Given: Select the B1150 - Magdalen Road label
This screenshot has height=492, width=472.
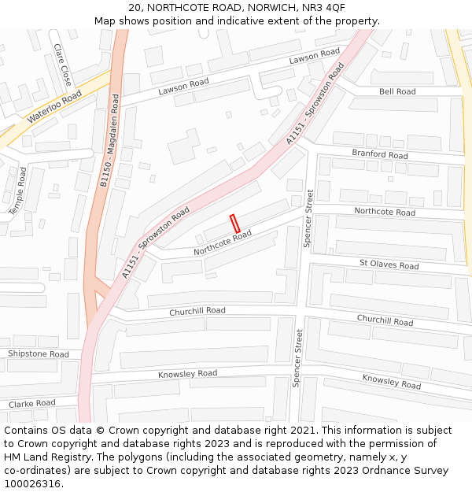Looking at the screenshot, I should [109, 141].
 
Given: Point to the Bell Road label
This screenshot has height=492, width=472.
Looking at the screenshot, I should [397, 91].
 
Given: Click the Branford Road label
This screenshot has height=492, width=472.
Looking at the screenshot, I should [380, 154].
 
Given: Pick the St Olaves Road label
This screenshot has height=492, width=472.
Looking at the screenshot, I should [389, 265].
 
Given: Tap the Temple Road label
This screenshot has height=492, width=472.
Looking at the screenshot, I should [18, 191].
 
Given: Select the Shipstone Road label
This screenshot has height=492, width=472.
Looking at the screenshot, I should [39, 354].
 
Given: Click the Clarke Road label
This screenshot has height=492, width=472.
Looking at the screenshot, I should [31, 404].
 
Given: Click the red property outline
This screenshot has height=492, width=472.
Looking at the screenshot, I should [234, 223].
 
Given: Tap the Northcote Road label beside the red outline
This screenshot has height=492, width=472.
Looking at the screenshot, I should [223, 242].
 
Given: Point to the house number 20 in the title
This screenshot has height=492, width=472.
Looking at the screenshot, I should [135, 7].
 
